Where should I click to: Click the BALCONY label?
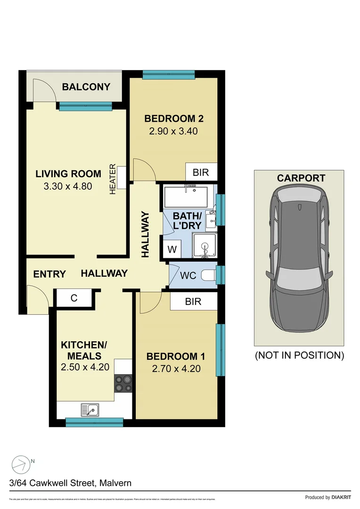(86, 87)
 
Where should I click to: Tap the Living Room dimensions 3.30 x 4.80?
(67, 186)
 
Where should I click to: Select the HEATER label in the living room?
(113, 179)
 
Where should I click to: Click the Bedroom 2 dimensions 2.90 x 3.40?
(173, 131)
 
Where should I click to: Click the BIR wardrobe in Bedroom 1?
(193, 302)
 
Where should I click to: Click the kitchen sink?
(90, 409)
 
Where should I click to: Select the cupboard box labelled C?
(74, 298)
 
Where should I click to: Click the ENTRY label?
(49, 274)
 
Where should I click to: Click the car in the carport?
(299, 259)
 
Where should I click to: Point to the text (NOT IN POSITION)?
(299, 355)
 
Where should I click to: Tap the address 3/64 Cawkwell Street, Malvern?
(70, 483)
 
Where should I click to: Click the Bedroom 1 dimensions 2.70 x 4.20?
(176, 369)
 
